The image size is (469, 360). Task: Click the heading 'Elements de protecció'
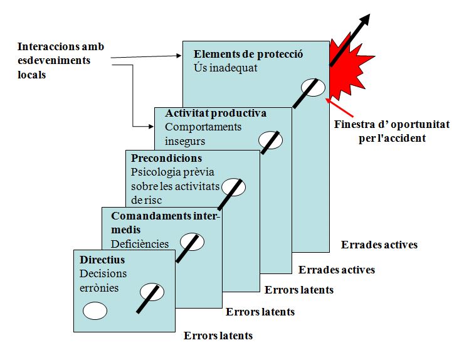pos(248,54)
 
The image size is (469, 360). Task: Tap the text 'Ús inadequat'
pos(226,68)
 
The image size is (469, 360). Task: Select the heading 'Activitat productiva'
pos(216,113)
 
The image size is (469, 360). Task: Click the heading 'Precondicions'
pos(167,158)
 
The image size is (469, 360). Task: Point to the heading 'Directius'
pos(102,260)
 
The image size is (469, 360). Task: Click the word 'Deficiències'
pos(140,244)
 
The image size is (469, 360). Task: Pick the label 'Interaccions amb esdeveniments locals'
pos(61,60)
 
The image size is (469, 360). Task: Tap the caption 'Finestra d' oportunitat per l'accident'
pos(392,131)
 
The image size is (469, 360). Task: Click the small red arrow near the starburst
pos(339,107)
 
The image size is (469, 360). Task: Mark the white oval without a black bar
pos(95,311)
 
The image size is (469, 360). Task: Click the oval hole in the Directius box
pos(152,292)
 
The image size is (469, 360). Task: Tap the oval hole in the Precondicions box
pos(233,188)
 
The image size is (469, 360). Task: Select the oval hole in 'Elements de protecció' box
pos(313,88)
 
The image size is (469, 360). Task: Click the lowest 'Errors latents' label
pos(218,336)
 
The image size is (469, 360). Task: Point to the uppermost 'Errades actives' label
pos(379,245)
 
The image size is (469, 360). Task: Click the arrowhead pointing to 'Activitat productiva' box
pos(151,127)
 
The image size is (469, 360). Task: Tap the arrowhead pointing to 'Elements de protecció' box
pos(179,55)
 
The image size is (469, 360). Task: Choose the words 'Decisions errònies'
pos(103,281)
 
